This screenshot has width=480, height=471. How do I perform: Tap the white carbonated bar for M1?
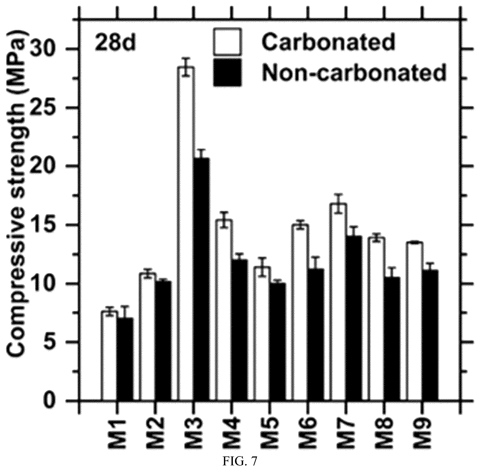(x=109, y=356)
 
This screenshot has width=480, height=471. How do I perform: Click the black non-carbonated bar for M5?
(x=278, y=342)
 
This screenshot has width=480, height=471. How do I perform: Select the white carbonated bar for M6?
(x=299, y=313)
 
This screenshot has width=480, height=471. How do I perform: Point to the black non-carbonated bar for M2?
(x=163, y=341)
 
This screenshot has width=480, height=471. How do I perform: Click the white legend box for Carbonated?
(x=227, y=42)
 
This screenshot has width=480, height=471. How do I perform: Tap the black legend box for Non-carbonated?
(x=227, y=72)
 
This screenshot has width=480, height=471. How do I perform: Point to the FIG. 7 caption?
(x=240, y=461)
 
